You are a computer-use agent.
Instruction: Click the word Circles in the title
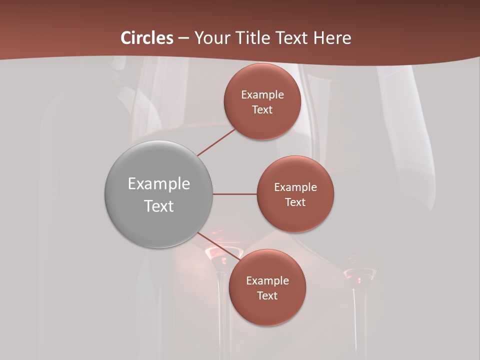coord(147,38)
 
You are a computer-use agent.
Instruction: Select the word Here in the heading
coord(332,38)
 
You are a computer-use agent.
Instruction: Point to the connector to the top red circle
coord(216,142)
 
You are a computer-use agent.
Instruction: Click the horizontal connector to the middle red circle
coord(235,194)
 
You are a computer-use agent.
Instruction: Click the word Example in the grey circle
coord(159,184)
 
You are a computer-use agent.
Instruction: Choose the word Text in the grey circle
coord(159,206)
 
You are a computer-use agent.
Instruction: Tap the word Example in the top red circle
coord(262,95)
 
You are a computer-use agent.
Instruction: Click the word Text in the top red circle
coord(262,110)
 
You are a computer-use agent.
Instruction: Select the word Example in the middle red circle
coord(295,187)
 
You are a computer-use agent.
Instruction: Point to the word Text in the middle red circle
coord(295,202)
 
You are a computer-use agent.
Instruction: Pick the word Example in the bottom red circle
coord(267,281)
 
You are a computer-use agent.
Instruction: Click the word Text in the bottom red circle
coord(267,296)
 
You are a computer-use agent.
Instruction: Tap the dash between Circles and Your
coord(183,38)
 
